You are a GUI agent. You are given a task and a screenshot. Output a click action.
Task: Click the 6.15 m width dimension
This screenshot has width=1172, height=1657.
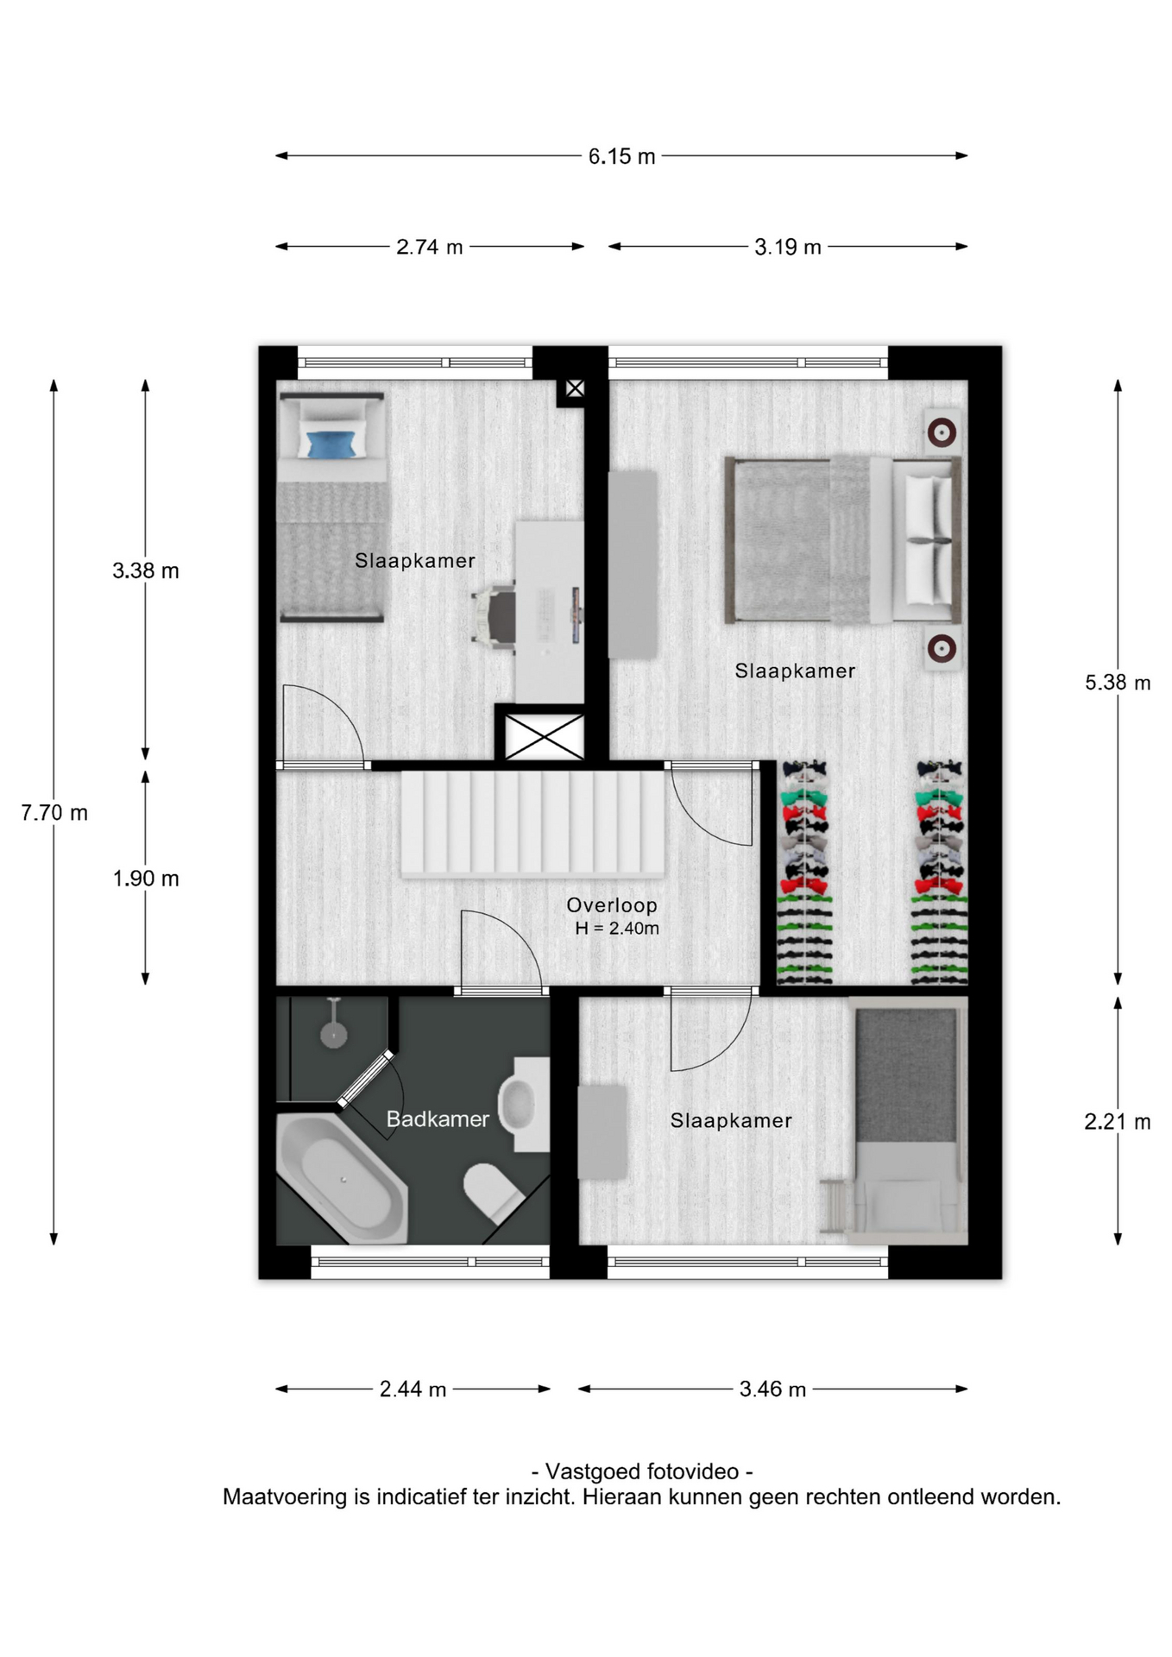[621, 156]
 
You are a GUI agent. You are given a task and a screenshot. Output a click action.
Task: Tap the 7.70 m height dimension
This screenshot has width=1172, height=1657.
[54, 813]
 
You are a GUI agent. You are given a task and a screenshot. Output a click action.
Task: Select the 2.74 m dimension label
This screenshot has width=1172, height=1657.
[430, 247]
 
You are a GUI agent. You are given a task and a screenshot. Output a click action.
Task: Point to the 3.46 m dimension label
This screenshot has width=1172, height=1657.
[772, 1389]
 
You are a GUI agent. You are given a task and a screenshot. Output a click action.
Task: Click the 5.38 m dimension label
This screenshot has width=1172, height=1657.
[1118, 683]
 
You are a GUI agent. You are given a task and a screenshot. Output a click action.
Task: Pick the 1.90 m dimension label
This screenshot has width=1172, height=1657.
[146, 879]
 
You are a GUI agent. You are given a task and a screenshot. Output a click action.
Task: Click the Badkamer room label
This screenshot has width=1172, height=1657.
[438, 1119]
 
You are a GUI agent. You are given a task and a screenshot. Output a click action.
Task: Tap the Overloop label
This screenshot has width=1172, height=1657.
[612, 905]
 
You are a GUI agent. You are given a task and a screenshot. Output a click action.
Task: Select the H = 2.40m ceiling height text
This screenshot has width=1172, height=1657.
[617, 929]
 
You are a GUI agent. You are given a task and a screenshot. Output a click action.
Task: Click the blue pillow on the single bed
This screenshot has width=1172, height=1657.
[332, 444]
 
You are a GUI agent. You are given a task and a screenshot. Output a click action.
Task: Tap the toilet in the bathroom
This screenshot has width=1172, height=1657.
[493, 1193]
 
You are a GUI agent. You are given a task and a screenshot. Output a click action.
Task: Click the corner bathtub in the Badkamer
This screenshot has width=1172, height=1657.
[341, 1179]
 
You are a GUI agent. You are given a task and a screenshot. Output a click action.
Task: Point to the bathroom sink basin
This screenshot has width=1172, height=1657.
[518, 1104]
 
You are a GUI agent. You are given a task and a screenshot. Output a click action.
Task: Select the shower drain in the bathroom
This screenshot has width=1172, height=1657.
[334, 1034]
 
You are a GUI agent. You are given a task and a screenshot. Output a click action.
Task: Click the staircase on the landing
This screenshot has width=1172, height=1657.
[532, 823]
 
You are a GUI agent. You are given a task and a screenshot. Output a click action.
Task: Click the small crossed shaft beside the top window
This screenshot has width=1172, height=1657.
[575, 389]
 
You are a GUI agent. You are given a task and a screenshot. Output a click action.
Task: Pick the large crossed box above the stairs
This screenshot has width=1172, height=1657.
[544, 737]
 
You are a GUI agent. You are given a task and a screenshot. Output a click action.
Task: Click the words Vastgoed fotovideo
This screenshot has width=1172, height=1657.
[642, 1471]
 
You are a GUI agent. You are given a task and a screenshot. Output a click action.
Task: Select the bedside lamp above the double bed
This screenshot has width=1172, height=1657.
[942, 432]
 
